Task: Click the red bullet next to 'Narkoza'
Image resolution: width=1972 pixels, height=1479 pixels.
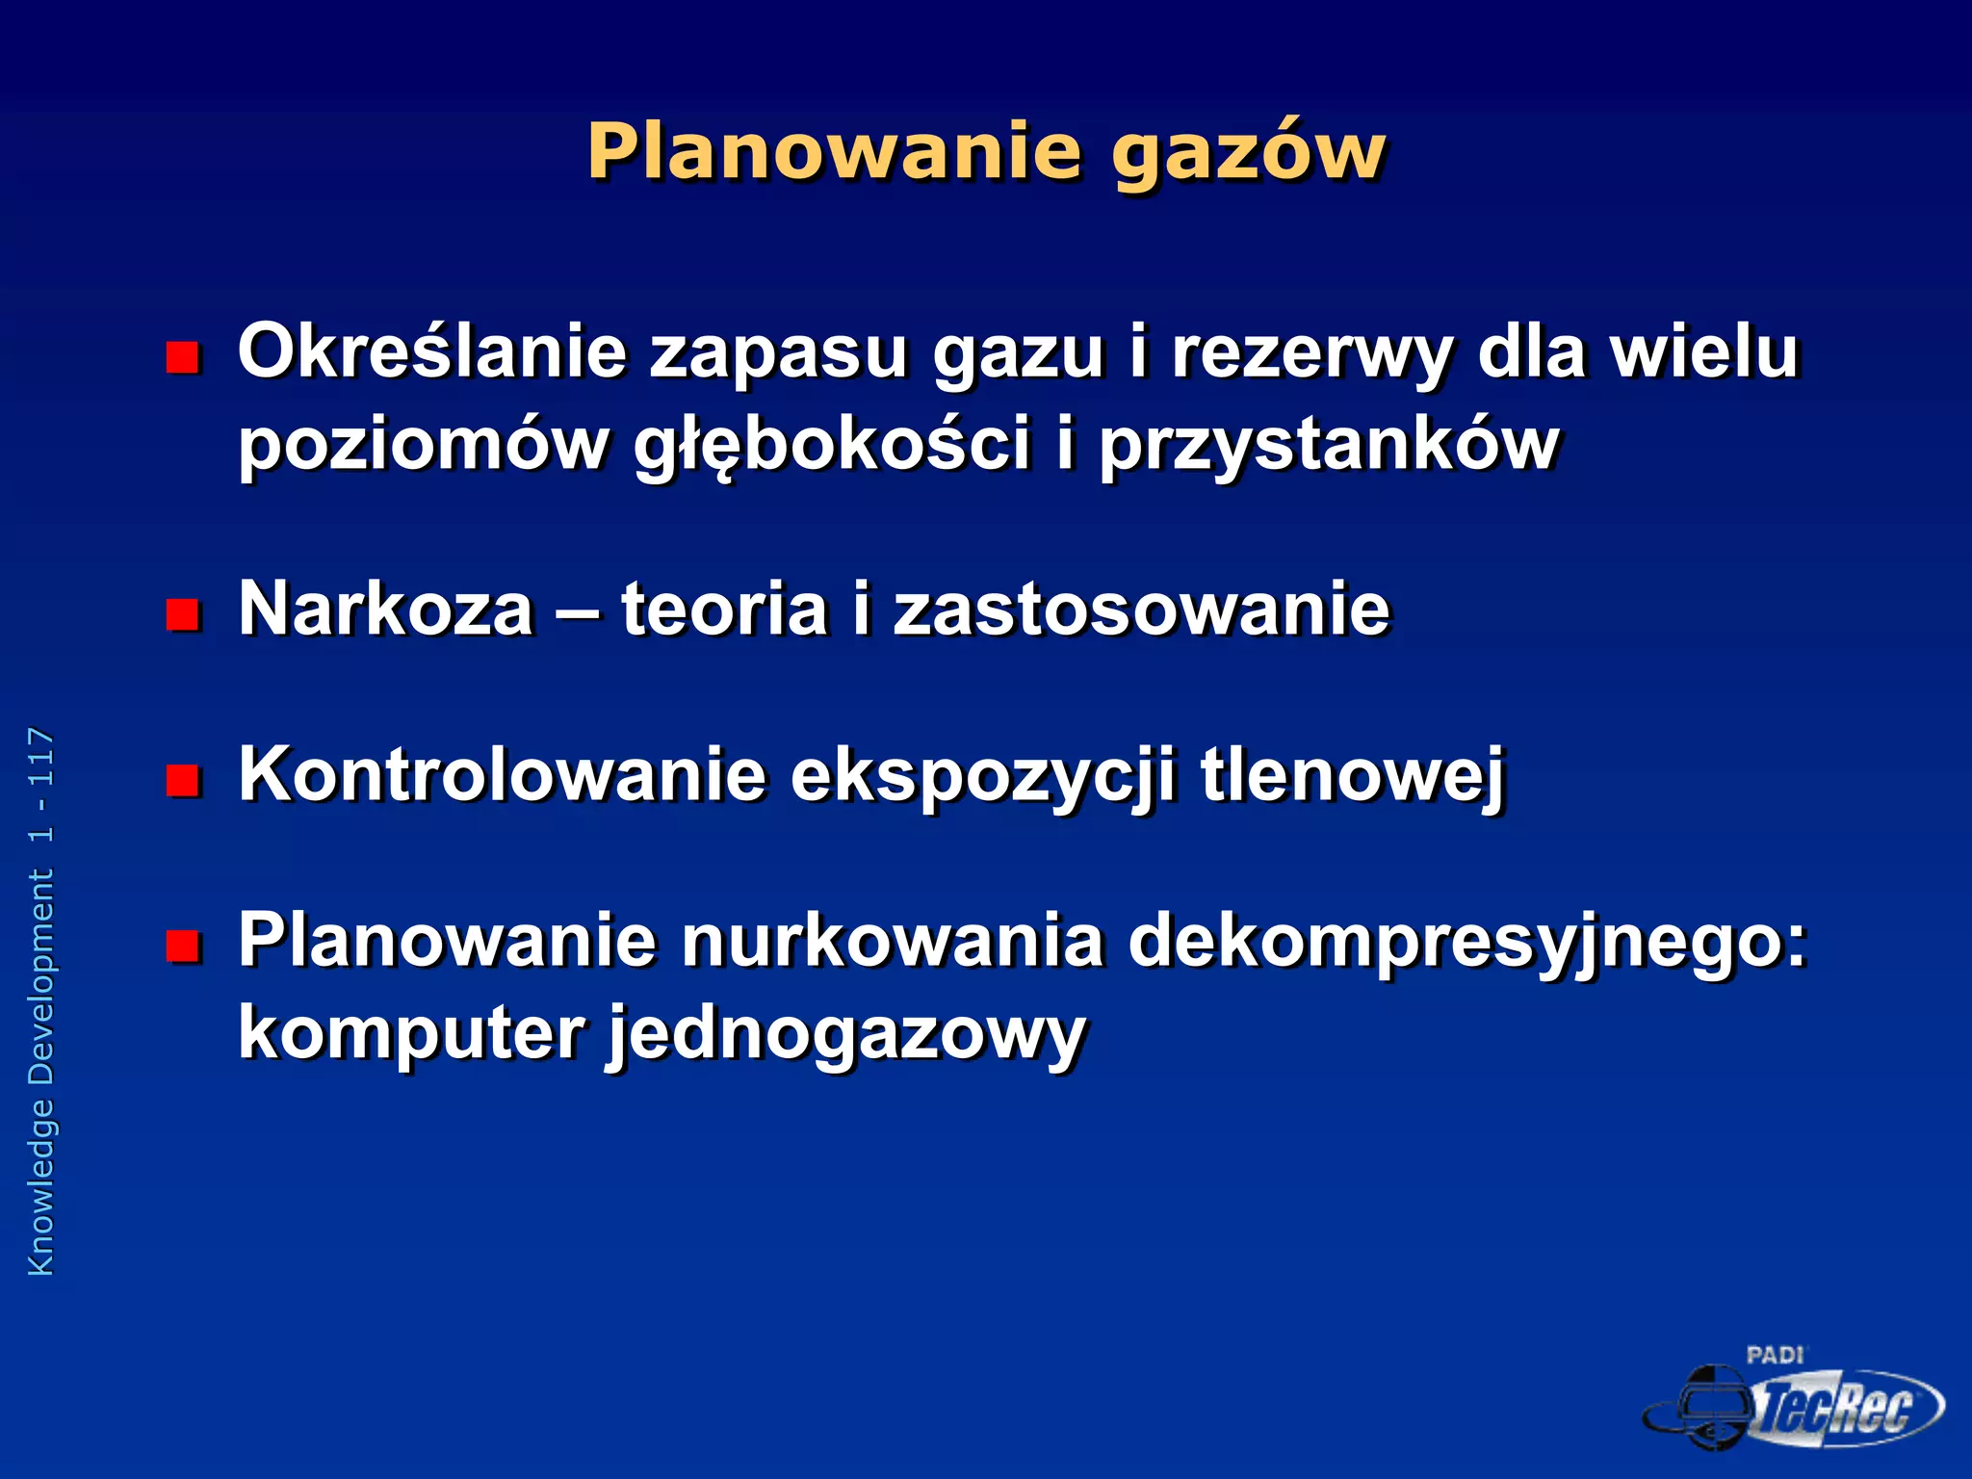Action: click(x=182, y=613)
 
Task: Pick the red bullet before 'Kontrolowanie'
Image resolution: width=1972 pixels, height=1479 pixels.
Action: click(x=182, y=779)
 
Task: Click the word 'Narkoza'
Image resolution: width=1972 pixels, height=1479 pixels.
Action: click(x=386, y=610)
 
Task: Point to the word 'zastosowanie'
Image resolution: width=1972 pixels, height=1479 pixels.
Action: click(x=1142, y=610)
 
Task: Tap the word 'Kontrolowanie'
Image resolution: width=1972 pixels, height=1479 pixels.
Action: click(x=502, y=775)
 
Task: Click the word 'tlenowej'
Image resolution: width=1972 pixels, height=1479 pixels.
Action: click(x=1352, y=776)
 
